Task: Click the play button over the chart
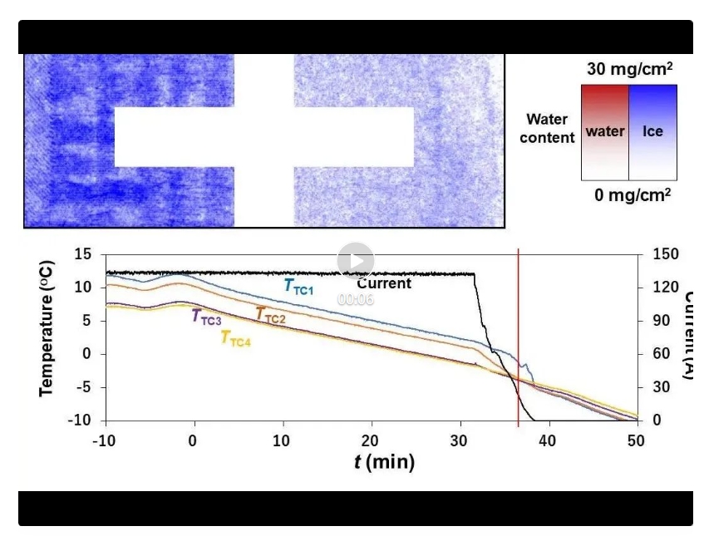355,261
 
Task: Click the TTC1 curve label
299,287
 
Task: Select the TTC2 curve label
270,315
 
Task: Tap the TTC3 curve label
207,317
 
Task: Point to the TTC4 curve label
235,337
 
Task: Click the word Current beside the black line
384,283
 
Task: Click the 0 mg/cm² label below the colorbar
633,194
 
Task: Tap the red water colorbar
604,132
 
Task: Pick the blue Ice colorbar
652,132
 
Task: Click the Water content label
547,129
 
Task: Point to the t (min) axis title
384,461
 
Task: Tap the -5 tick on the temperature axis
89,387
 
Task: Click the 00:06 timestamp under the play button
355,299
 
